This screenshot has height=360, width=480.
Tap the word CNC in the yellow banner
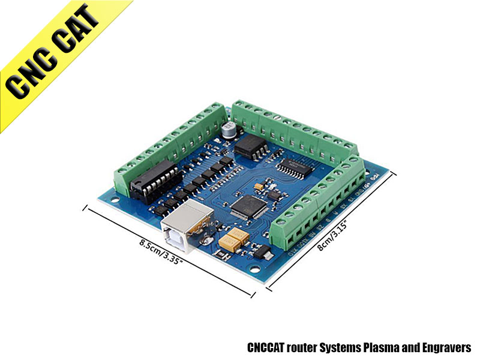pos(30,78)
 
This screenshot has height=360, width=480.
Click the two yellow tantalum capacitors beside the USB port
pos(234,239)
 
